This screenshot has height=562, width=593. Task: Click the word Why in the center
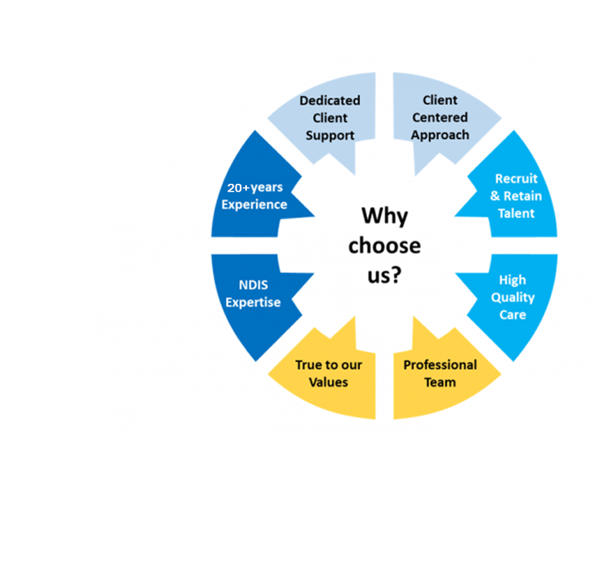click(x=384, y=215)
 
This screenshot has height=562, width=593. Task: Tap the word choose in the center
click(x=385, y=246)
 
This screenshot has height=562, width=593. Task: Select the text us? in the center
click(x=385, y=274)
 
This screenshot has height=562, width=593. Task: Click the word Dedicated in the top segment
click(x=330, y=100)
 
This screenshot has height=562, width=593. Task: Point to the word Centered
click(x=440, y=117)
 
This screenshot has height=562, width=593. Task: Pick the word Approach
click(x=440, y=135)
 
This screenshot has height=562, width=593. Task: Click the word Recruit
click(x=516, y=179)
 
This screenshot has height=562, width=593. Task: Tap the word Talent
click(x=516, y=213)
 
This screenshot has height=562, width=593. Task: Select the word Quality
click(x=512, y=297)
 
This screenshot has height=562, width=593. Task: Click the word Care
click(x=512, y=314)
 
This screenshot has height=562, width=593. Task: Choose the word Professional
click(x=440, y=365)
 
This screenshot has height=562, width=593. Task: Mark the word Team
click(x=440, y=382)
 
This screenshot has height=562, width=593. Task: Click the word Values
click(x=328, y=382)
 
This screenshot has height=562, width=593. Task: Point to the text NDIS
click(x=253, y=286)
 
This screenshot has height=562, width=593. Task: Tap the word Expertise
click(x=253, y=302)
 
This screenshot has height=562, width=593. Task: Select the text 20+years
click(x=254, y=188)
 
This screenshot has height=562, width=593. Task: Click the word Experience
click(x=254, y=205)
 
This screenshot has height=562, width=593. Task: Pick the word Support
click(x=330, y=135)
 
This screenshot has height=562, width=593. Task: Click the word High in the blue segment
click(x=512, y=280)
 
